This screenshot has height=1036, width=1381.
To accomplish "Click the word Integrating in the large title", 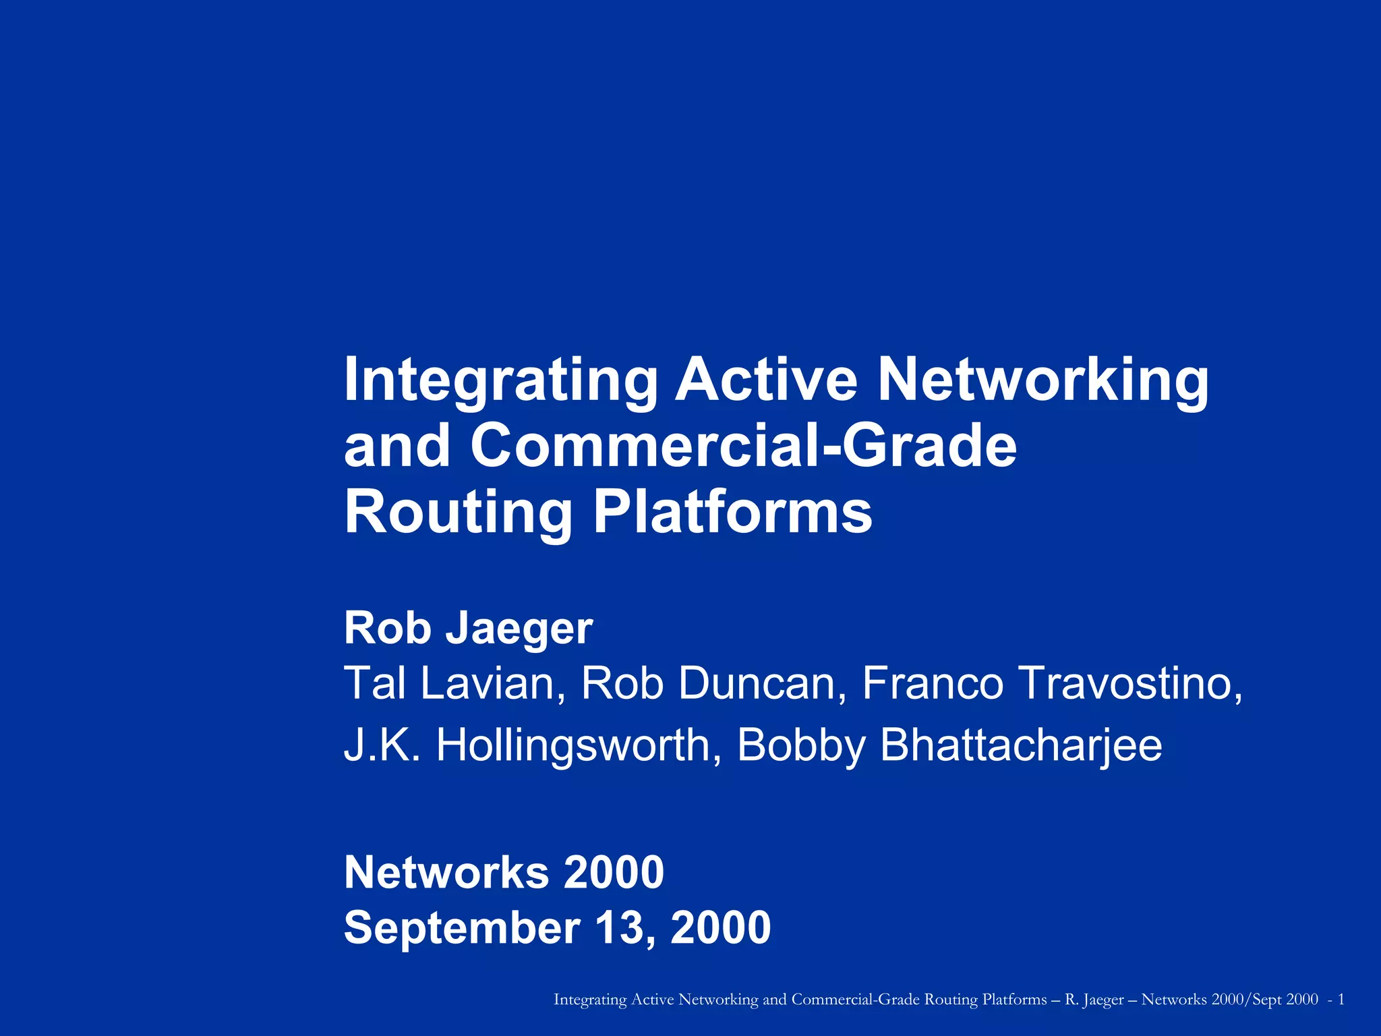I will pos(500,381).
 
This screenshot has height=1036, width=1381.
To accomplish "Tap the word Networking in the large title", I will pos(1042,381).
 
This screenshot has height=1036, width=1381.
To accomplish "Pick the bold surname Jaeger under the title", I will pos(519,629).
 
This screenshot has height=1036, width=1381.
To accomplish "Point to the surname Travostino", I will pos(1130,683).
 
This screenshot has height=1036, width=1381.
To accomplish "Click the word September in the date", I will pos(462,929).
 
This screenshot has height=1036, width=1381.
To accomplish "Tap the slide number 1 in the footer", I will pos(1341,1000).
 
